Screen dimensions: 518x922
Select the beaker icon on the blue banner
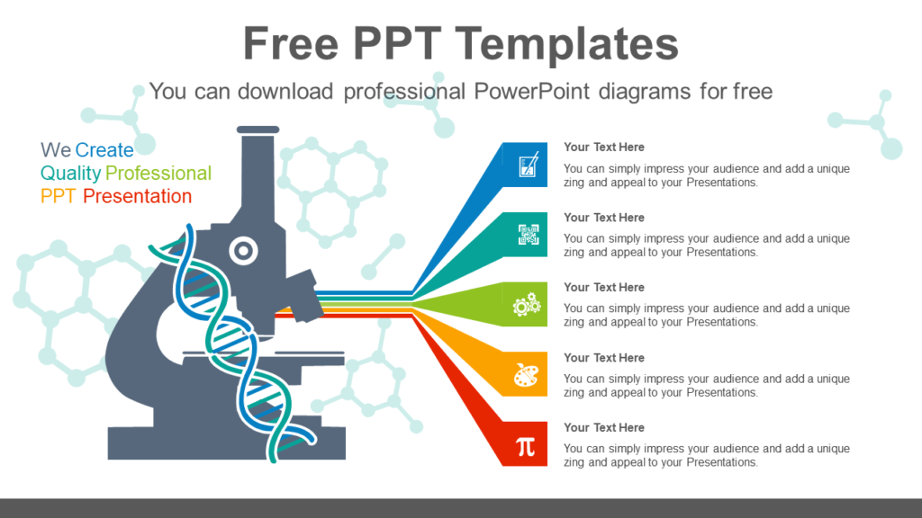[529, 165]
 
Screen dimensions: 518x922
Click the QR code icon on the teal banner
[529, 235]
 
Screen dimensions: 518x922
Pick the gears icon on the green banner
[527, 305]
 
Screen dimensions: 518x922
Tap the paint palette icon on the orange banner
[527, 375]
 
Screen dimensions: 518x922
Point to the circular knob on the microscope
[242, 251]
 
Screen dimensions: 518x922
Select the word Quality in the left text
[70, 173]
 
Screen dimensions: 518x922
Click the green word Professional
[158, 173]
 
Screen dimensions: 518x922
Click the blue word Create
[104, 150]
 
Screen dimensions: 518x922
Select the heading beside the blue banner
[604, 147]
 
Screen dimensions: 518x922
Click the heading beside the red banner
[604, 427]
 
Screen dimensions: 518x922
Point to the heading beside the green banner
[604, 287]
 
